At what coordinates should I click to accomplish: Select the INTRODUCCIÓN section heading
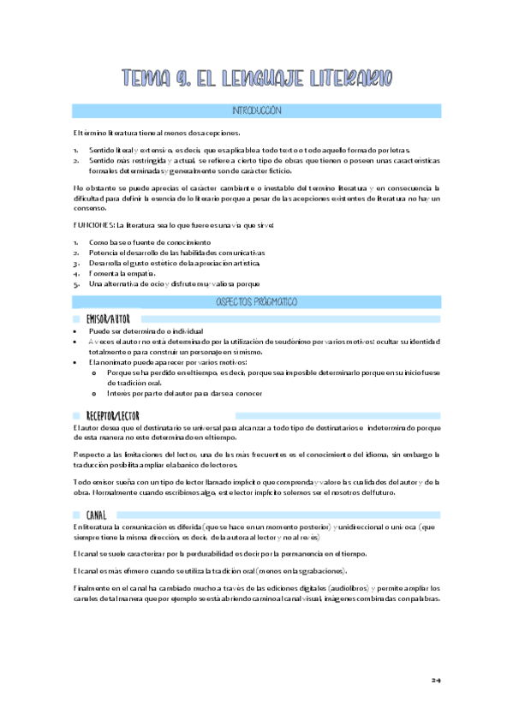(x=256, y=112)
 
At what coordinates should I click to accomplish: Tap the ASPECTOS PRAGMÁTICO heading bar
(x=256, y=301)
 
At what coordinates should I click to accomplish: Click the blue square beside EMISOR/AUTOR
(x=78, y=319)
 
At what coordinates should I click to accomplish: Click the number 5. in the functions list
(x=77, y=284)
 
